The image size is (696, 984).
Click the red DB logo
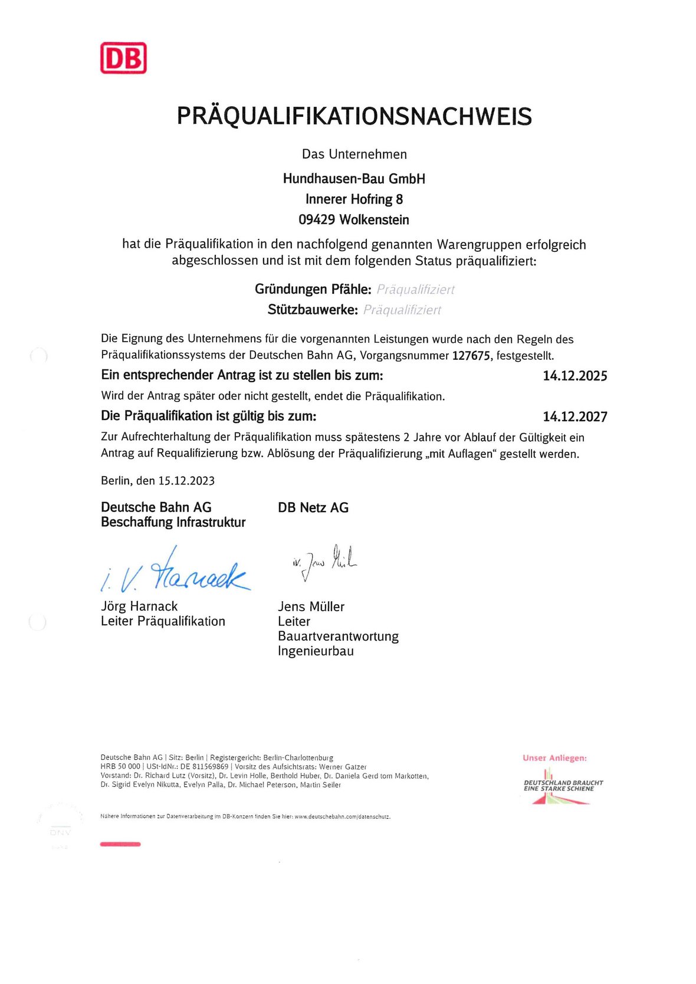123,58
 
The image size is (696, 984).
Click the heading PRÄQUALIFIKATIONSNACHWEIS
354,116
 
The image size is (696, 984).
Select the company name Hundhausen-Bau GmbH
354,179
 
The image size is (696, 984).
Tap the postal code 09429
317,220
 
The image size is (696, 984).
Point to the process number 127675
471,356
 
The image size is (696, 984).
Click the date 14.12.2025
574,376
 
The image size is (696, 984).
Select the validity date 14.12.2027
574,417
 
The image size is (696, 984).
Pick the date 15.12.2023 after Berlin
186,481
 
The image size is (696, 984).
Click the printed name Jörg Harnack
139,606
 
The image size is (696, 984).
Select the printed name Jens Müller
311,606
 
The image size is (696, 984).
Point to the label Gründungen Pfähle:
313,290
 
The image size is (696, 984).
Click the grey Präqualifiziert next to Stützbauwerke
402,310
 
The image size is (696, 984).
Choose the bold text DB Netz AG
313,507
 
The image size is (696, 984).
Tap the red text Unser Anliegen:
554,758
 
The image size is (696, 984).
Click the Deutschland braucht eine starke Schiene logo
562,786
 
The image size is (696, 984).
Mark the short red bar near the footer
120,844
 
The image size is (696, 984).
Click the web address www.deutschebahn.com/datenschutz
342,817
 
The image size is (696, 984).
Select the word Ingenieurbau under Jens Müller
316,651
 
